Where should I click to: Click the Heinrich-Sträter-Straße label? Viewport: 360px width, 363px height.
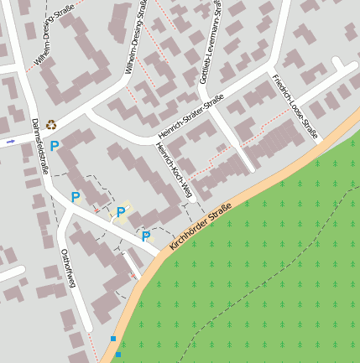[190, 118]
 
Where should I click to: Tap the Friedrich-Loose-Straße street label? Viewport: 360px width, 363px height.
[295, 105]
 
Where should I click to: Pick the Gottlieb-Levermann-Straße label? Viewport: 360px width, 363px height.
[211, 41]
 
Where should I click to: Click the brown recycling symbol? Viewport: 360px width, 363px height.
[51, 125]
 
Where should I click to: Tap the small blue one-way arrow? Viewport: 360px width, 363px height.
[11, 142]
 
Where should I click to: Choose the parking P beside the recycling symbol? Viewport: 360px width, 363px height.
[55, 146]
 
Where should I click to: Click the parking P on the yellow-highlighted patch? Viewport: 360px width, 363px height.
[121, 212]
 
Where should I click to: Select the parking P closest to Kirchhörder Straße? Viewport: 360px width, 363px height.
[146, 236]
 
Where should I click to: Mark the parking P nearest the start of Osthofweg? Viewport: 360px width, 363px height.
[76, 197]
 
